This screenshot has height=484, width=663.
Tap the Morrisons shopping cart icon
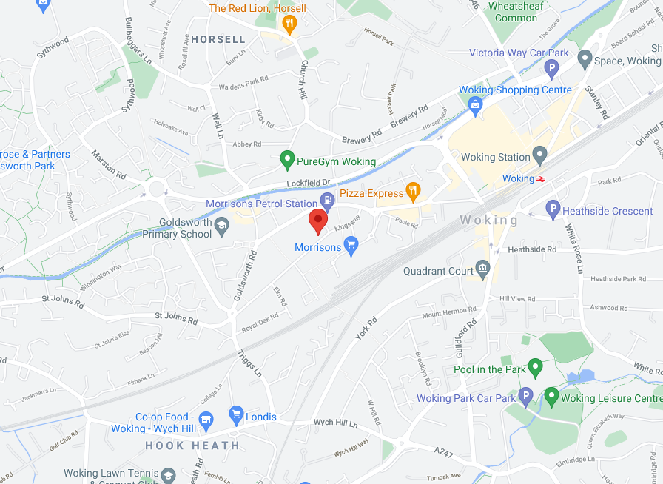point(351,245)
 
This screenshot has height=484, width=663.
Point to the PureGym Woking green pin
point(287,159)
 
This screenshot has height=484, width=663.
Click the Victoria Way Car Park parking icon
point(551,70)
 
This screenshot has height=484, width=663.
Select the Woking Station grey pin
point(540,155)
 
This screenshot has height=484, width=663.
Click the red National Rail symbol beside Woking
point(542,178)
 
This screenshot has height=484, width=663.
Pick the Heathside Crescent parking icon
point(552,210)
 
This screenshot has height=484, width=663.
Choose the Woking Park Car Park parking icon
point(525,397)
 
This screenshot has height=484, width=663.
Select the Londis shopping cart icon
point(236,414)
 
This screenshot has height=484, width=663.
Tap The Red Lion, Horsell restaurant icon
point(289,24)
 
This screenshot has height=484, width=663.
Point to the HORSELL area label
point(218,39)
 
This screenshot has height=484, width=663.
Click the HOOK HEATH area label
point(192,446)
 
